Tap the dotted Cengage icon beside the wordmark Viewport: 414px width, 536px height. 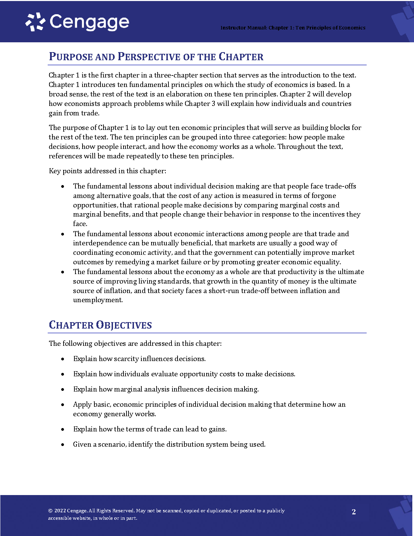click(x=35, y=22)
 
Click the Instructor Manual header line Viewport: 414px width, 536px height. click(x=293, y=28)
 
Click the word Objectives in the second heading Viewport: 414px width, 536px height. click(x=124, y=325)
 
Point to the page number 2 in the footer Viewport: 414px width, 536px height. click(x=354, y=512)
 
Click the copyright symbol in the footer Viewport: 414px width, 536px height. click(x=50, y=511)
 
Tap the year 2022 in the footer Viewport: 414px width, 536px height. click(x=60, y=511)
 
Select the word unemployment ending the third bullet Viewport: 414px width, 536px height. click(x=98, y=300)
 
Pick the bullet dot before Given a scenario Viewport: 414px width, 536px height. click(x=63, y=444)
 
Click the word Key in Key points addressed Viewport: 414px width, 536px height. click(x=55, y=171)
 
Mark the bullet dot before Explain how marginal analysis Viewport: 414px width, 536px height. click(x=63, y=389)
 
